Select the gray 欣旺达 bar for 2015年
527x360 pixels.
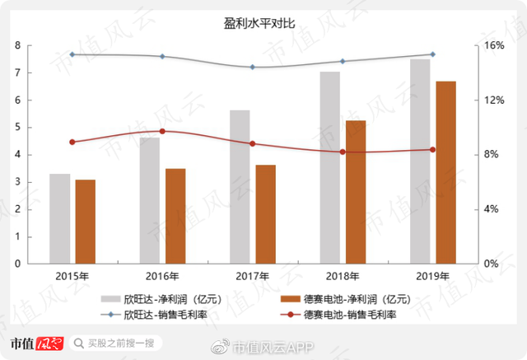60,218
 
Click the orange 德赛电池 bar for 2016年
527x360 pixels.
175,216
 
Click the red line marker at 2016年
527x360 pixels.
162,131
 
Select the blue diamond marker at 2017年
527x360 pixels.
253,67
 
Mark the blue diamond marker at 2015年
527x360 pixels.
72,54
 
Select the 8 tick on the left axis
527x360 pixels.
17,46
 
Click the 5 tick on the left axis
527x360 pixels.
17,128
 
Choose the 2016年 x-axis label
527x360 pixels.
161,276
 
